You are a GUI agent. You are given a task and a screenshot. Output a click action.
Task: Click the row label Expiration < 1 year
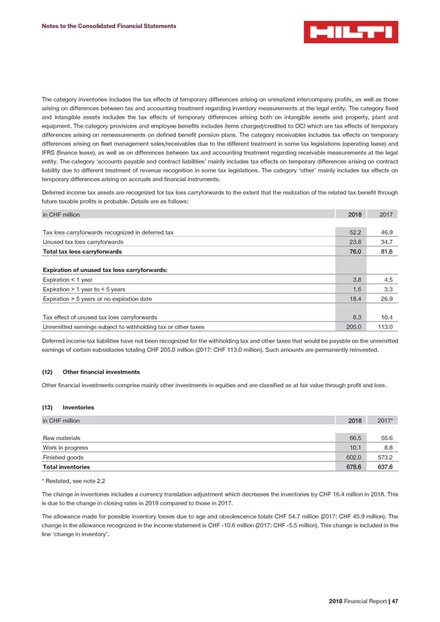click(x=67, y=279)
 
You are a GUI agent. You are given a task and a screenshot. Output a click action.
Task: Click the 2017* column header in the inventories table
click(x=384, y=420)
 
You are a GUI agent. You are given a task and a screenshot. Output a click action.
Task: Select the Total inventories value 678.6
click(x=356, y=466)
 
